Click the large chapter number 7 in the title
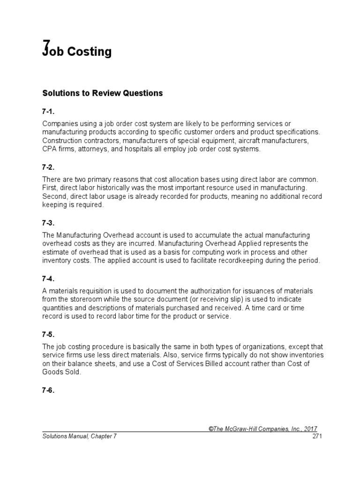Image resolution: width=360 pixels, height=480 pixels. point(46,47)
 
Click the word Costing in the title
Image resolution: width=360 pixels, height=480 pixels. point(90,52)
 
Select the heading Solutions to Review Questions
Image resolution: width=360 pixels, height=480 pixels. point(102,93)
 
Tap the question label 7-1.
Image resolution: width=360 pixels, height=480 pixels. point(48,112)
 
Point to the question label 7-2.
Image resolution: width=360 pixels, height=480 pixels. point(48,167)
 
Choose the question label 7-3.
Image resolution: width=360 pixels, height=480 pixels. point(48,223)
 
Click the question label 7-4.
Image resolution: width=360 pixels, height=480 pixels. point(48,278)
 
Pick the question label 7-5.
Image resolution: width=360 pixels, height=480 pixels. point(48,334)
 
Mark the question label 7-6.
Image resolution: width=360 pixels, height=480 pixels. point(48,390)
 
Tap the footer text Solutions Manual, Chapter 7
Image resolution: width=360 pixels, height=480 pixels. point(79,436)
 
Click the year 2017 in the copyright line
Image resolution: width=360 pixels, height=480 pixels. point(310,428)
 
